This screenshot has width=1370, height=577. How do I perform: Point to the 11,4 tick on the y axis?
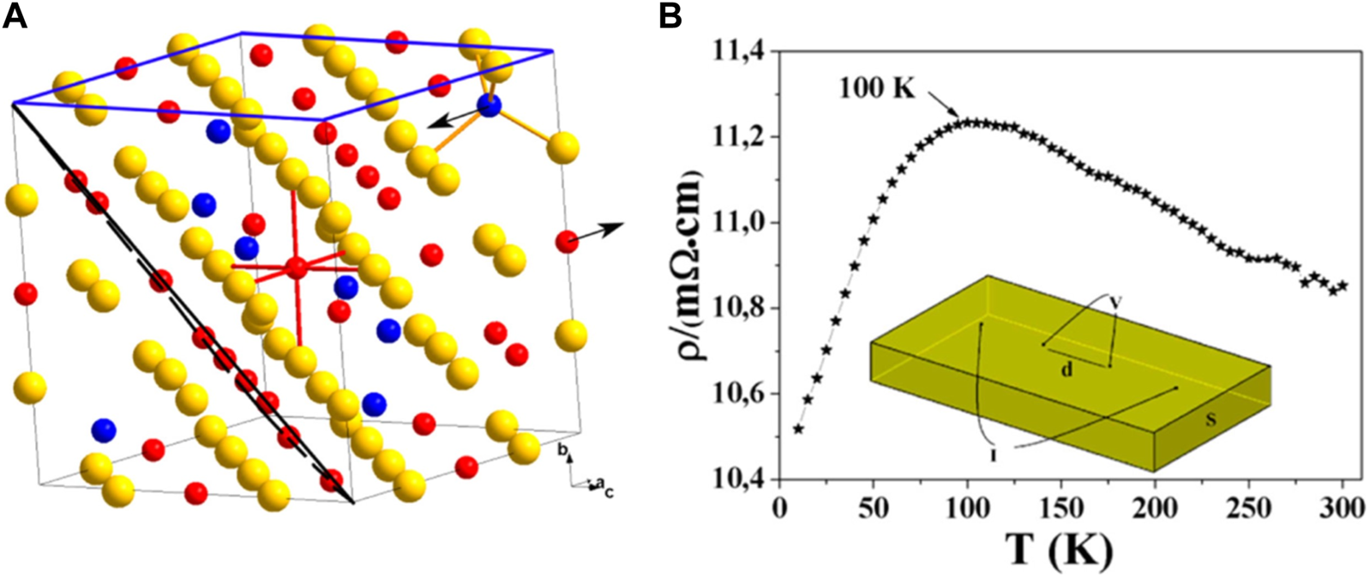click(737, 53)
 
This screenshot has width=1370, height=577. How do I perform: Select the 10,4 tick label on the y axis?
click(737, 479)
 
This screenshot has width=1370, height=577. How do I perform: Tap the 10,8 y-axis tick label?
click(737, 309)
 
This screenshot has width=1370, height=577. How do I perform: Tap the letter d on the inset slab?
click(1067, 370)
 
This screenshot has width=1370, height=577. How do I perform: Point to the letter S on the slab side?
click(1211, 419)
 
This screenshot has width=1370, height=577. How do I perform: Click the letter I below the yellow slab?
click(993, 454)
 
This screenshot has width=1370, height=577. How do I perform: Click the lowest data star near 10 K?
click(798, 429)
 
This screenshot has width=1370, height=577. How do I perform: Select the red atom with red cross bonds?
click(297, 267)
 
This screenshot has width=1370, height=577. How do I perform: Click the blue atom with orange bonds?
click(489, 106)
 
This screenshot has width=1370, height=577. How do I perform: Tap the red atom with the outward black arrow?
click(567, 243)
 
